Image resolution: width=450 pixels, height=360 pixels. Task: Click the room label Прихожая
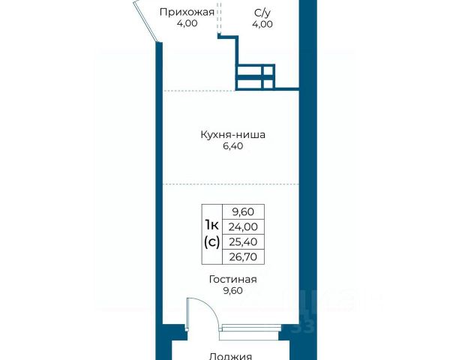tap(187, 13)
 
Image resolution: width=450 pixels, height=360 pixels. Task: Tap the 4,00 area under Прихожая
tap(187, 23)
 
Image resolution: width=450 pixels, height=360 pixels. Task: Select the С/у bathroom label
tap(262, 13)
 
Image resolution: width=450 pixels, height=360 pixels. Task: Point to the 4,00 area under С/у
tap(262, 24)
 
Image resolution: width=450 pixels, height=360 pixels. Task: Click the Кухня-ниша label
tap(232, 135)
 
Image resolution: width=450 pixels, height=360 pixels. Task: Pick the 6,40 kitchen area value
tap(233, 146)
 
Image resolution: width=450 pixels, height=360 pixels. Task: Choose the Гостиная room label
tap(233, 279)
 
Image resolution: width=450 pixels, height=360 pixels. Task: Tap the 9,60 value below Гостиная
tap(233, 291)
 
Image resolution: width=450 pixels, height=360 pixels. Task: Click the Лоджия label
tap(230, 356)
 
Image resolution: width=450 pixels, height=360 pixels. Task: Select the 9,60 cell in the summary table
tap(243, 212)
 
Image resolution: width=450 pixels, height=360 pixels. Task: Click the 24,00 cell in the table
tap(243, 227)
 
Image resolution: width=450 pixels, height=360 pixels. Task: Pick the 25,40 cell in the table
tap(243, 242)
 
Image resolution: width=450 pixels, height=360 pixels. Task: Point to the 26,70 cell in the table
tap(243, 257)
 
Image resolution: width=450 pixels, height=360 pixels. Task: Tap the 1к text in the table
tap(212, 225)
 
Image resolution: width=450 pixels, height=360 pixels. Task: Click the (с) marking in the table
tap(212, 241)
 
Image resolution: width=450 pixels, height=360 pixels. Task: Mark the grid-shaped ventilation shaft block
tap(255, 76)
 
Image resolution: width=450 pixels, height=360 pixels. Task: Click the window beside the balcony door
tap(250, 328)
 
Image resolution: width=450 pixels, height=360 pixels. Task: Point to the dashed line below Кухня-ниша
tap(231, 184)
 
